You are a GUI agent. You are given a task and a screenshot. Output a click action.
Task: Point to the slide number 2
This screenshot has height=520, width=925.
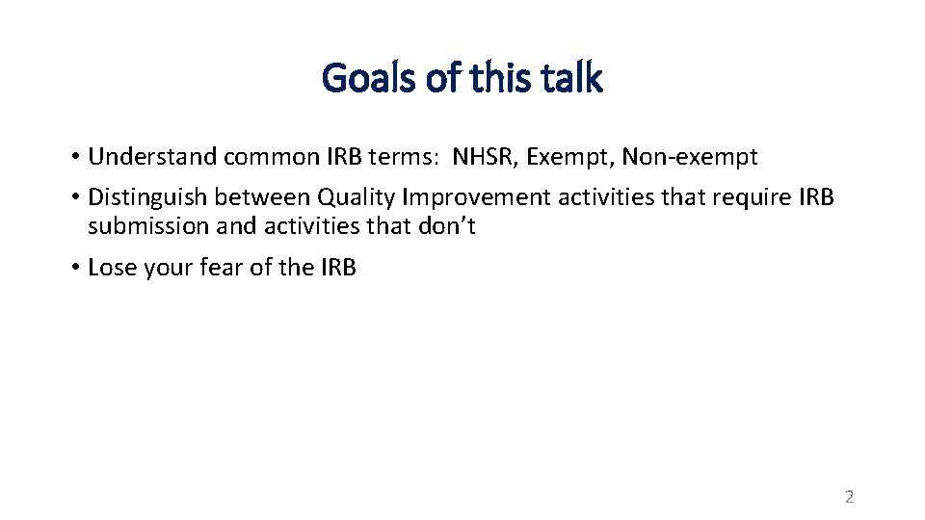(x=849, y=497)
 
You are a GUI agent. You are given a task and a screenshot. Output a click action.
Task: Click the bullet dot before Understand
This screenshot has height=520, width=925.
(x=74, y=157)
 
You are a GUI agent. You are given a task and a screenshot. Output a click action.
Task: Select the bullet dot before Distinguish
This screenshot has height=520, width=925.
(x=74, y=197)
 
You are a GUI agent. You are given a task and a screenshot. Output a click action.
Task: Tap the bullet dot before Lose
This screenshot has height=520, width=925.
(x=74, y=268)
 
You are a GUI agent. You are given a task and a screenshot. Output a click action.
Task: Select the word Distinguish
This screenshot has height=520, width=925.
(x=147, y=197)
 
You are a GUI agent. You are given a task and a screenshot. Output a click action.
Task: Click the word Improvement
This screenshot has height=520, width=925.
(x=466, y=197)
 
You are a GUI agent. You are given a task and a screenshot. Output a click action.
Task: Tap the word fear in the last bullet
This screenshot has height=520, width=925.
(x=220, y=268)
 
